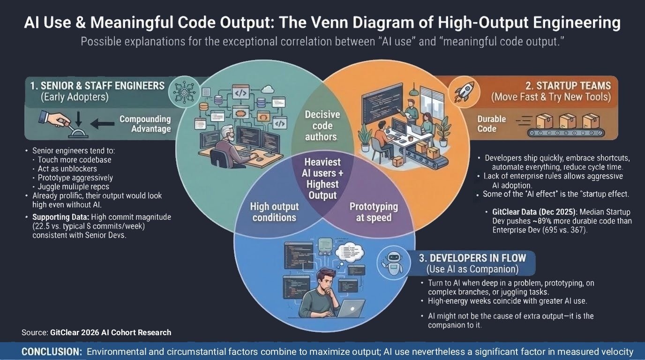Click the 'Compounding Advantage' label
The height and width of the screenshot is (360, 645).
pos(145,124)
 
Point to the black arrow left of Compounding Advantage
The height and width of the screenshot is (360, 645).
pos(102,124)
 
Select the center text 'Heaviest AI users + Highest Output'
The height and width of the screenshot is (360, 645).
pos(322,179)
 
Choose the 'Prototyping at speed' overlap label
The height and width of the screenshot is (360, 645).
pos(374,212)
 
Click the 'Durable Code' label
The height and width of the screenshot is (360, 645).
pos(492,124)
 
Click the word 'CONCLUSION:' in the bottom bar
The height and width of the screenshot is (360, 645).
pos(51,352)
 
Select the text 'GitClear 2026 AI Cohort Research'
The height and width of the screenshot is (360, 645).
pos(111,332)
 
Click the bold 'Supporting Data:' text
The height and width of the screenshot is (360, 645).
pos(61,217)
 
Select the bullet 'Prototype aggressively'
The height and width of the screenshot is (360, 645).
pos(75,178)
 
